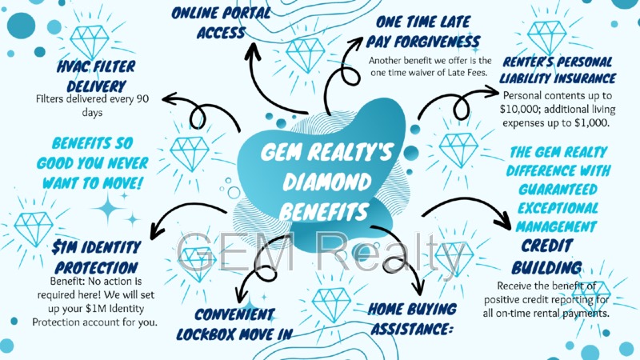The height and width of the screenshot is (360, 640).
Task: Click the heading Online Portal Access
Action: (x=222, y=22)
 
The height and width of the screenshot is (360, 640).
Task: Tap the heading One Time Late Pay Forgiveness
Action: (x=424, y=33)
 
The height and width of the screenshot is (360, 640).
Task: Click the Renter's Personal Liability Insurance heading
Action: (x=557, y=70)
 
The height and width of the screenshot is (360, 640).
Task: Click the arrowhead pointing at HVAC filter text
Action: (x=168, y=99)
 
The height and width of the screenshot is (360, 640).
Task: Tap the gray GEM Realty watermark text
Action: (x=320, y=252)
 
